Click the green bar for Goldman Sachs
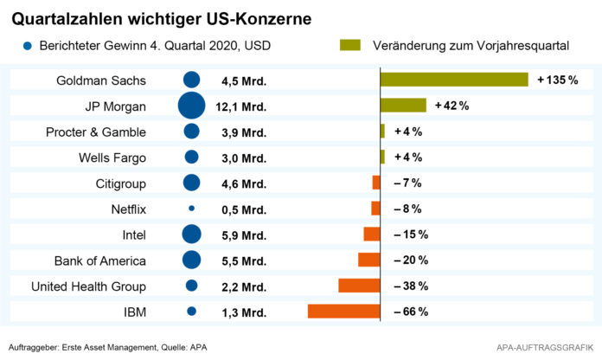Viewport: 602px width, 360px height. (x=453, y=80)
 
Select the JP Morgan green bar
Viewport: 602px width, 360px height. (x=403, y=106)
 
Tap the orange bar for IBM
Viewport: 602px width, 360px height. (x=343, y=312)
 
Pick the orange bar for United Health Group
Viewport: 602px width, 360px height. (x=359, y=286)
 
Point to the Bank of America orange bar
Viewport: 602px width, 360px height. (x=369, y=260)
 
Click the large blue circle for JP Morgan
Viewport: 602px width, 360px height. (x=191, y=106)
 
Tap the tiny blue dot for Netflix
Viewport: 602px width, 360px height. (x=191, y=209)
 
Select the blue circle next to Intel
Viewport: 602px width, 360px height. (x=191, y=235)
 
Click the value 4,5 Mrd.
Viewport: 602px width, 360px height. (x=244, y=80)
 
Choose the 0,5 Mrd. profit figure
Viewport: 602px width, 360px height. (x=244, y=209)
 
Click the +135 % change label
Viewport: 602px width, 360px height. (x=557, y=80)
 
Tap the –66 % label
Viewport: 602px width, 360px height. (x=410, y=312)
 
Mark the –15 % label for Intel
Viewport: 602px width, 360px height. (x=410, y=235)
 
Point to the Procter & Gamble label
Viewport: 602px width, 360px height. (x=96, y=132)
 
